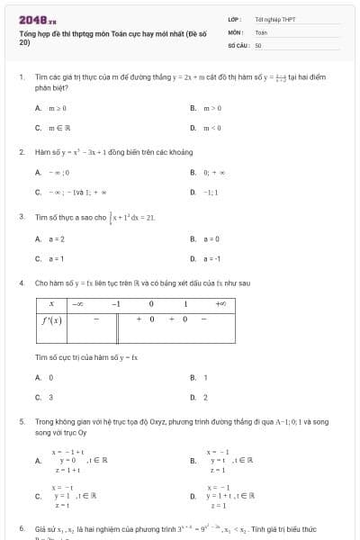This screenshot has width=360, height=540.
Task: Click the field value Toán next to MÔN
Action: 261,31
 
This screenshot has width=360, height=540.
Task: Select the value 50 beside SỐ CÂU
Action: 258,44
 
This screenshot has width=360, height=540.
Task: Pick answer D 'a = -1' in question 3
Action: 211,258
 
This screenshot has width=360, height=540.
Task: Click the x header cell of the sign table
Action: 51,304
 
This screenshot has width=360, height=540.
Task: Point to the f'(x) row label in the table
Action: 51,319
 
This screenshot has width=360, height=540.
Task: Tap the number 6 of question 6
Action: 21,527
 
